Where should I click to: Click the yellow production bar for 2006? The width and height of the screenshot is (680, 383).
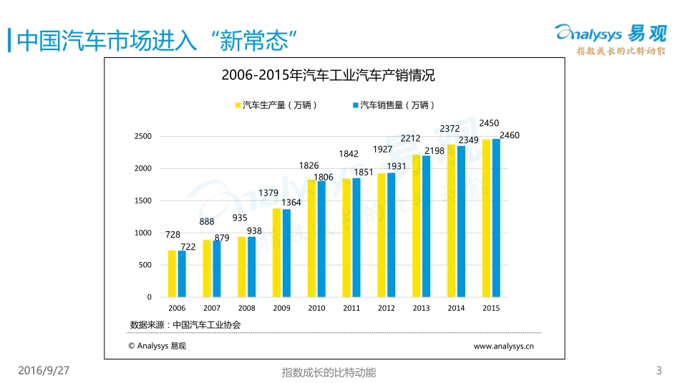[x=172, y=273]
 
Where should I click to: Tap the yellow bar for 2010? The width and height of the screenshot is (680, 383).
[x=311, y=238]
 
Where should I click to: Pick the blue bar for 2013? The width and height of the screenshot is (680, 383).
[x=427, y=226]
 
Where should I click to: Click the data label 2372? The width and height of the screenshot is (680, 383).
[x=450, y=129]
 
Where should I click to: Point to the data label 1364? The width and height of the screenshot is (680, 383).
[x=291, y=203]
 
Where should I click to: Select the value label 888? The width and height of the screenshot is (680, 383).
[x=207, y=222]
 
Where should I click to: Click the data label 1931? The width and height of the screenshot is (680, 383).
[x=397, y=166]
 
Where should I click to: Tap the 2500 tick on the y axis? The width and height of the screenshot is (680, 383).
[x=143, y=136]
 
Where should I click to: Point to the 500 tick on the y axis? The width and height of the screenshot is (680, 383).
[x=145, y=265]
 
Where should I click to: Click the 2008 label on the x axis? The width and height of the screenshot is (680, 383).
[x=246, y=308]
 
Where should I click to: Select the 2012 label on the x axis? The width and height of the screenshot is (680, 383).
[x=387, y=308]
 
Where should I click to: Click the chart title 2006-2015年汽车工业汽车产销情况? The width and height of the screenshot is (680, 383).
[x=328, y=75]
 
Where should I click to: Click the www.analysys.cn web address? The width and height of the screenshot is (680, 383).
[x=504, y=346]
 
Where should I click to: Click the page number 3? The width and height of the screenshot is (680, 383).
[x=659, y=370]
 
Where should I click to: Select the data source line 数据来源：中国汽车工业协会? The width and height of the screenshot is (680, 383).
[x=185, y=324]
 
